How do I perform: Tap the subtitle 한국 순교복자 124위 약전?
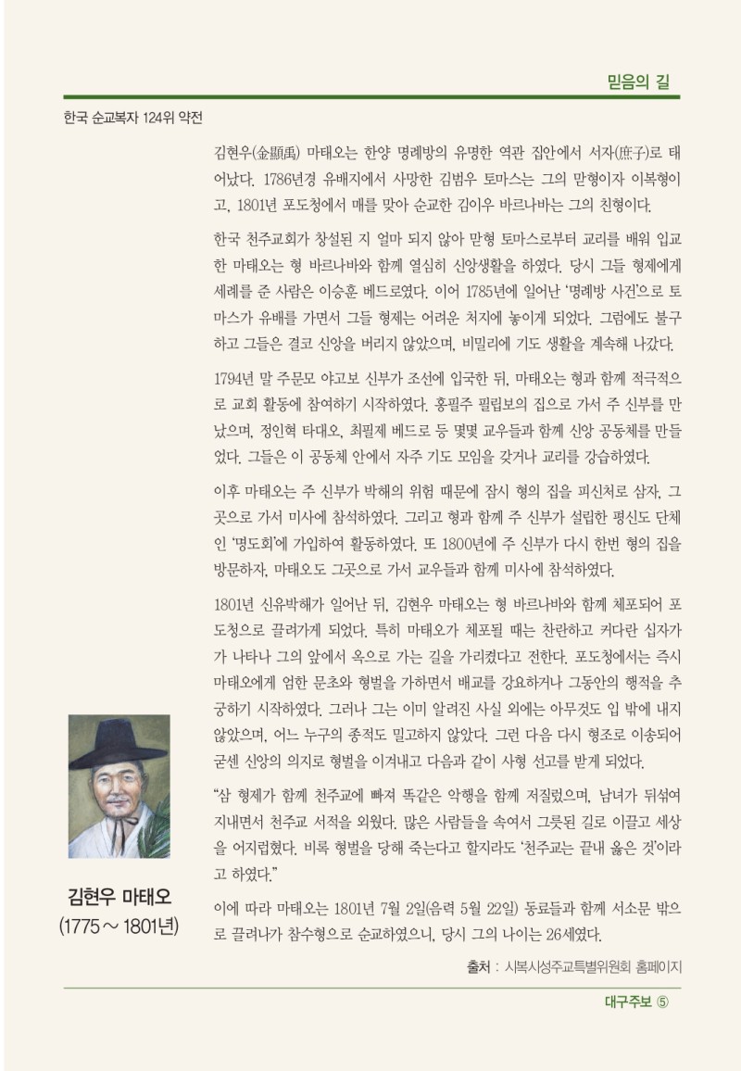(x=132, y=119)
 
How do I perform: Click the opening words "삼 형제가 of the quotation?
(x=248, y=796)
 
